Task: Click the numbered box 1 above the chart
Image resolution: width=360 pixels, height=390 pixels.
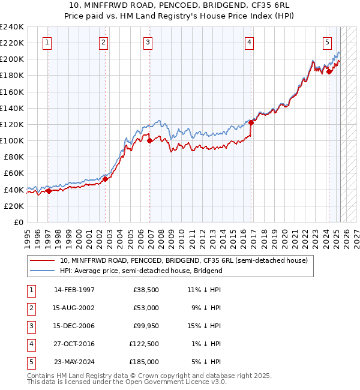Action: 47,42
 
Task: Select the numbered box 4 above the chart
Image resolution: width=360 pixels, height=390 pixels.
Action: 248,42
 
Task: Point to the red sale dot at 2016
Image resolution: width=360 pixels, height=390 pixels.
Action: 251,122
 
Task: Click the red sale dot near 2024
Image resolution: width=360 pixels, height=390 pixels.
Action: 329,71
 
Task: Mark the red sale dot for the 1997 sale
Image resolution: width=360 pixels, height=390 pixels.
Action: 49,191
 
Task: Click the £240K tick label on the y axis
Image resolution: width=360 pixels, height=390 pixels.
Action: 12,27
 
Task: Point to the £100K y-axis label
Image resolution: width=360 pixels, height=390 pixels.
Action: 12,140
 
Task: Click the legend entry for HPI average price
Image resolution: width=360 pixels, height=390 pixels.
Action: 141,271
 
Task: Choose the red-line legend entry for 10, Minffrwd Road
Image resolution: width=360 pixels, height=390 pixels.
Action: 184,260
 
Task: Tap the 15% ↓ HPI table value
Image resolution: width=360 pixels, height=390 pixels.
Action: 205,326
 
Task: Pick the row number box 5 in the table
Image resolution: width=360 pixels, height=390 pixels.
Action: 30,362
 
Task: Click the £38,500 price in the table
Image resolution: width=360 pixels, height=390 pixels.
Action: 146,290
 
